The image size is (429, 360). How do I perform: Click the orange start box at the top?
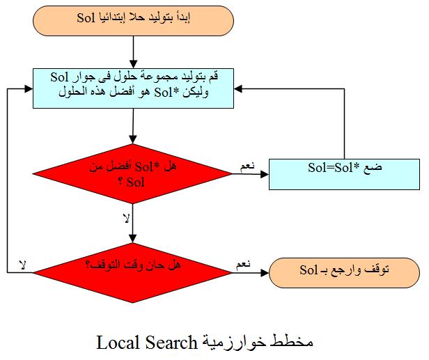point(133,21)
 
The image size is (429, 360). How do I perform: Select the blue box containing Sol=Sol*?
point(344,174)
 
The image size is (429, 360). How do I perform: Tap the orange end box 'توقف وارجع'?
point(344,273)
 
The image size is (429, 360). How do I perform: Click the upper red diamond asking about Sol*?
point(132,173)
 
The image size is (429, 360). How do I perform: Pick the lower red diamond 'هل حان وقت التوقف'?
point(132,273)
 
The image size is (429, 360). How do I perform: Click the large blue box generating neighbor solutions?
point(133,88)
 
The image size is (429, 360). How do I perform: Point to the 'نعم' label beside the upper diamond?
point(247,166)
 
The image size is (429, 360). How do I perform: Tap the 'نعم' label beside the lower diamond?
point(243,264)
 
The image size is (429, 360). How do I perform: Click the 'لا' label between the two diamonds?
point(126,218)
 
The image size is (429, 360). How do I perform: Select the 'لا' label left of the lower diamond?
point(23,265)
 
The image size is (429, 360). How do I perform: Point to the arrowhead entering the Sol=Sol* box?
point(265,174)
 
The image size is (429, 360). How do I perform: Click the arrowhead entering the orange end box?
point(265,273)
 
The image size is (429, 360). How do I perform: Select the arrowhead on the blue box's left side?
point(29,88)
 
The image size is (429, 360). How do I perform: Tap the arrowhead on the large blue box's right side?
point(238,88)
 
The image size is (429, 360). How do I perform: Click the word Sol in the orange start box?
point(86,18)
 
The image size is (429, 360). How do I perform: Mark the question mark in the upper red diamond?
point(120,182)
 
